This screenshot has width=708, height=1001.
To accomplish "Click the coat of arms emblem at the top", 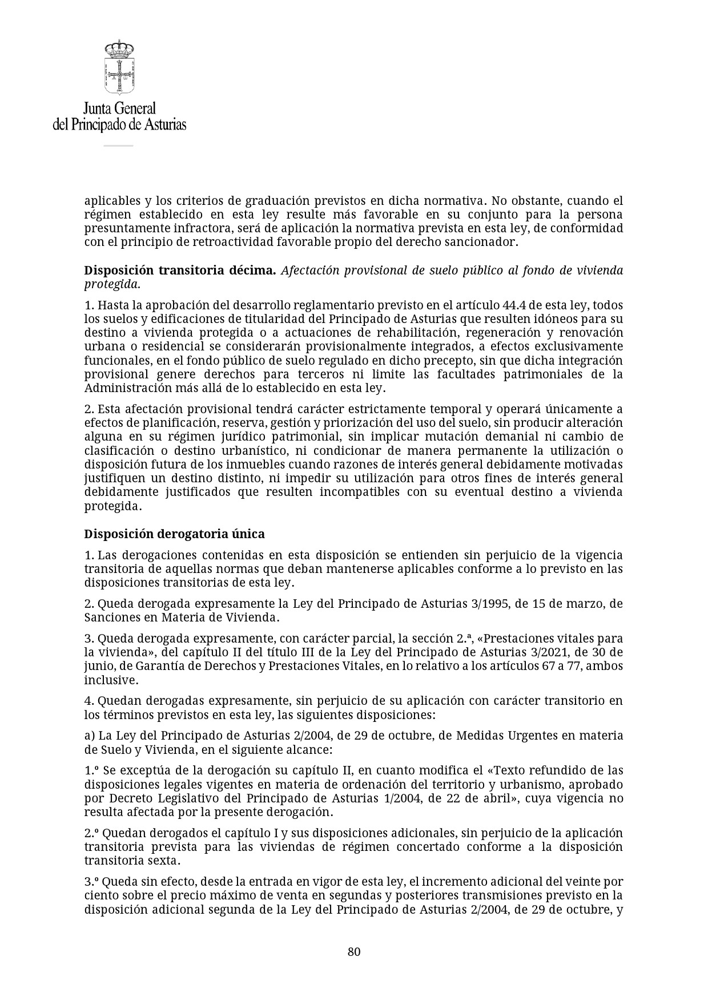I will pyautogui.click(x=119, y=67).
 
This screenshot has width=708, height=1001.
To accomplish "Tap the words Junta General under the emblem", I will pyautogui.click(x=119, y=108).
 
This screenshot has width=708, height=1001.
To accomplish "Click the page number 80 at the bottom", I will pyautogui.click(x=354, y=951).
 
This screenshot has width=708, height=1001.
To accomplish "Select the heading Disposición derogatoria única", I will pyautogui.click(x=175, y=534).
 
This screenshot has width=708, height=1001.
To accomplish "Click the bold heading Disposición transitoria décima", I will pyautogui.click(x=180, y=271).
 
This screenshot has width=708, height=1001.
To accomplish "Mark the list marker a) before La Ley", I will pyautogui.click(x=90, y=736).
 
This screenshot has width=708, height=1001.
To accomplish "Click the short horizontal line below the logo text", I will pyautogui.click(x=118, y=146).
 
